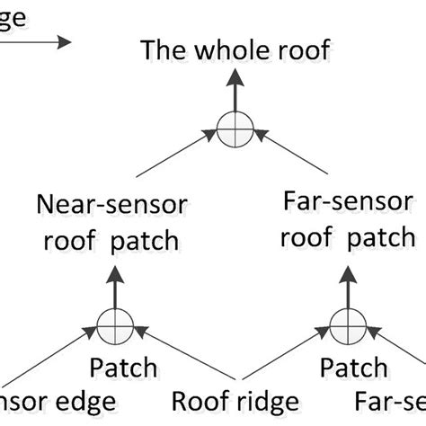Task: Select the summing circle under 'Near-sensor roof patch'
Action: [x=114, y=324]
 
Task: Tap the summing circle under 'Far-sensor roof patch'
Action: [x=344, y=324]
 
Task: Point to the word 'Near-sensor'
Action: [x=111, y=205]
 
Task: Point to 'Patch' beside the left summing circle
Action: [x=123, y=368]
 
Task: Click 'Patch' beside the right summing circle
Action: [x=354, y=368]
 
